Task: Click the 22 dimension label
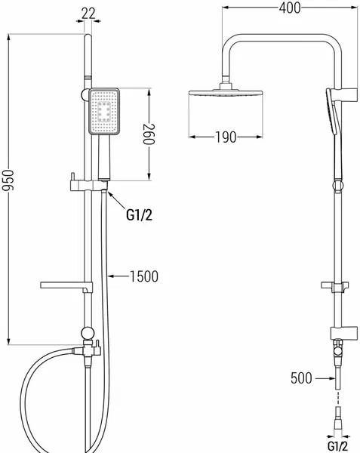(88, 14)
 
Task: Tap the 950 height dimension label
(8, 180)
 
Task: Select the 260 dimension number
(149, 134)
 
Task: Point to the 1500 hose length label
(144, 276)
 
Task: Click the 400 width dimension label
(290, 8)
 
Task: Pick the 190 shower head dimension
(226, 137)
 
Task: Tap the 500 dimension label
(301, 378)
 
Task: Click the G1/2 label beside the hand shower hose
(139, 215)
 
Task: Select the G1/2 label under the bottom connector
(337, 447)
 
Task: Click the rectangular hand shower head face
(104, 112)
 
